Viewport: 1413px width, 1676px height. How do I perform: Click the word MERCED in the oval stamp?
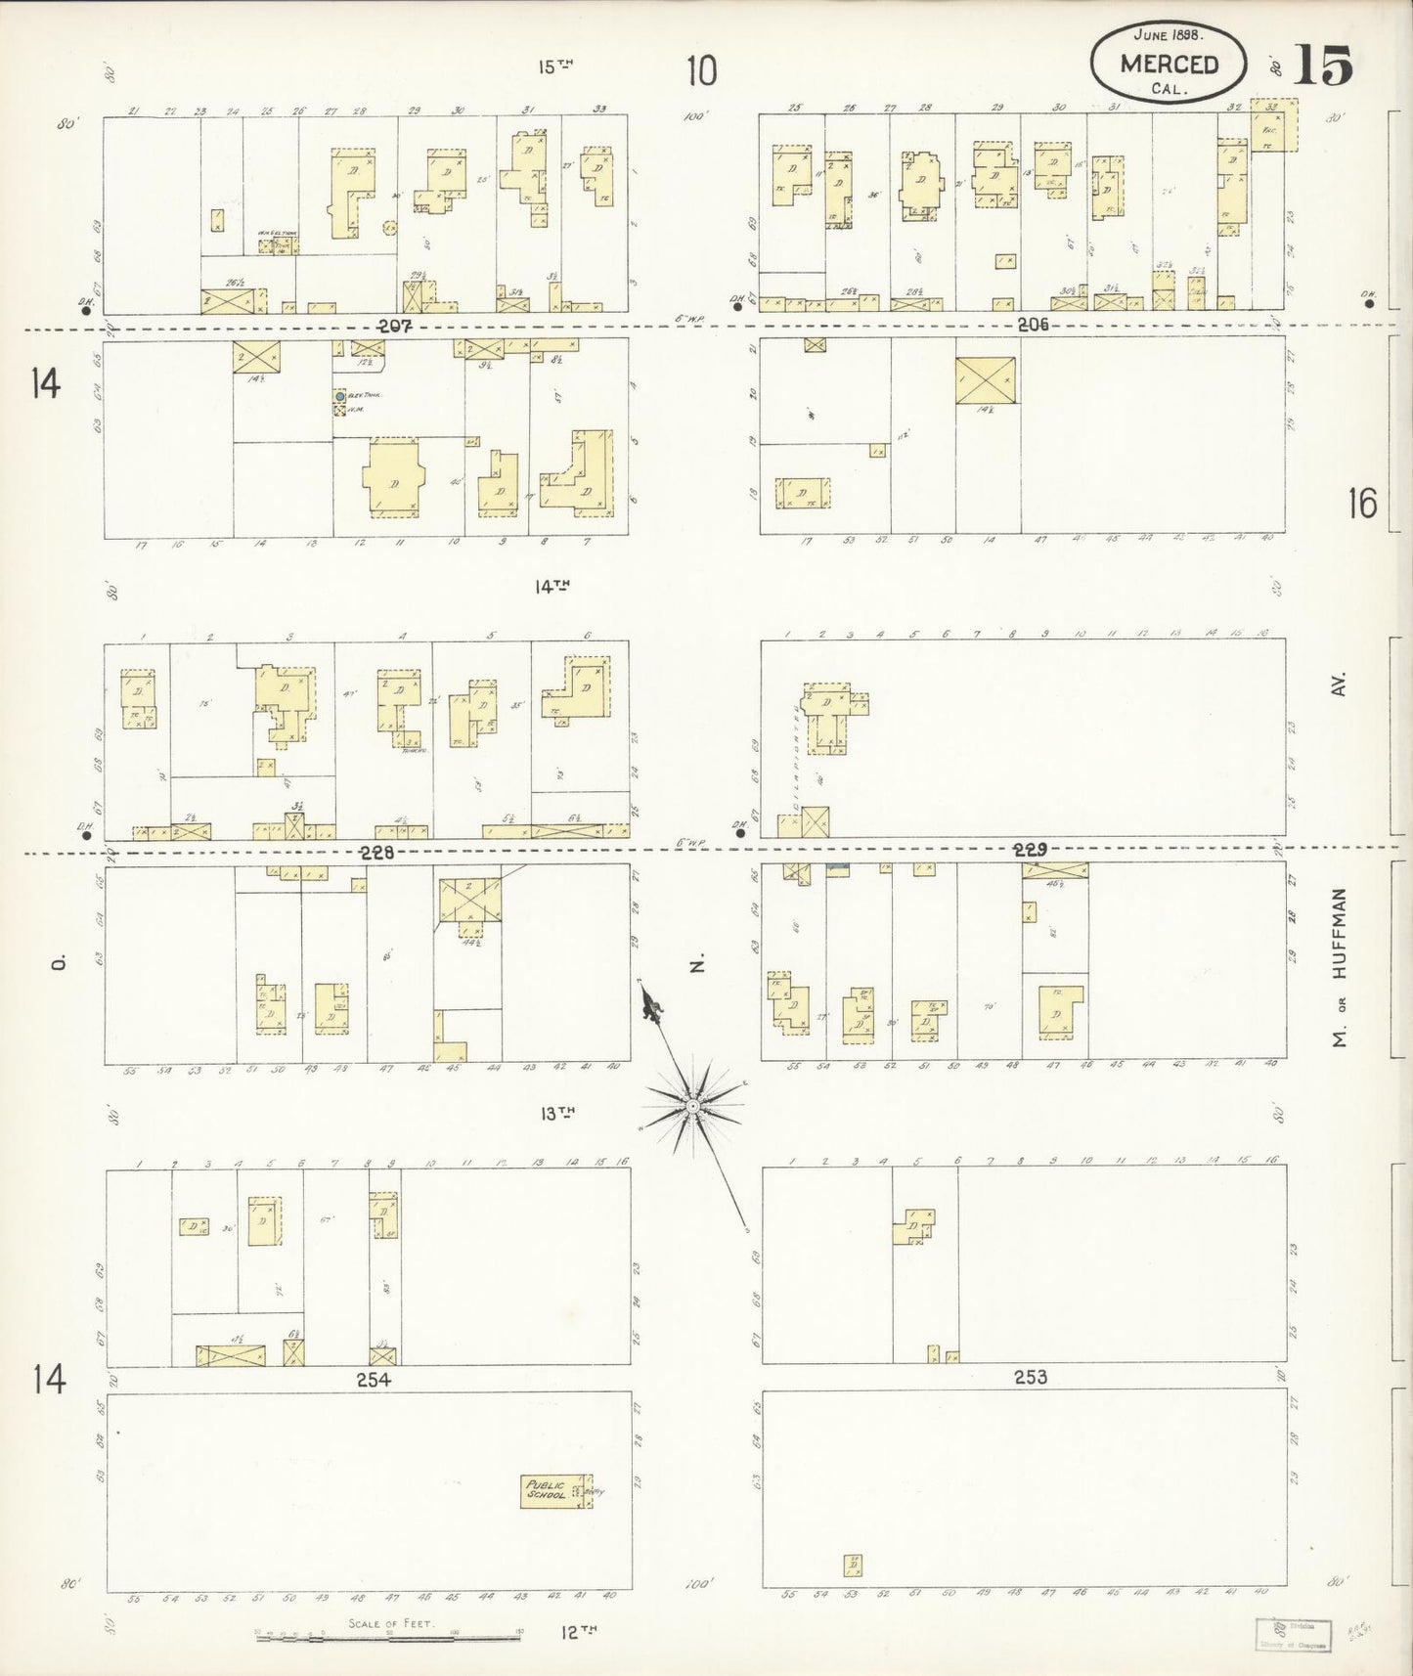click(1170, 65)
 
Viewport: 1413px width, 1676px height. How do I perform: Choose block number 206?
click(1033, 325)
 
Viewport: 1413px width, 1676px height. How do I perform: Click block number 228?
click(376, 852)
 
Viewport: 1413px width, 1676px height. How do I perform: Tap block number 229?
click(1031, 849)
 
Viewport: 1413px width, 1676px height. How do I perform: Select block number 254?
click(374, 1379)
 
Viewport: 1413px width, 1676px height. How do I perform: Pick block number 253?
click(1030, 1377)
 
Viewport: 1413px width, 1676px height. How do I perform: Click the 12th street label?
click(579, 1630)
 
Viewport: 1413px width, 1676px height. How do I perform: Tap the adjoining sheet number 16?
click(1362, 504)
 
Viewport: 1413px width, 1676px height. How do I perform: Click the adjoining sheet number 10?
click(701, 70)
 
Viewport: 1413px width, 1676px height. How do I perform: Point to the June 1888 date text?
click(1169, 33)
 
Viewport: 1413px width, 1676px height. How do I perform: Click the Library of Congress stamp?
click(1292, 1635)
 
